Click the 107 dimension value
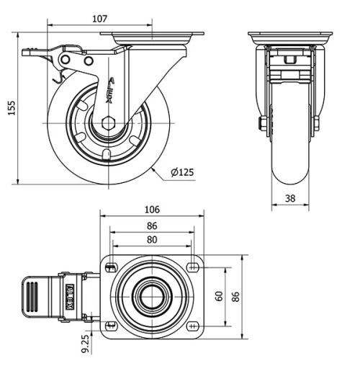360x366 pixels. (99, 19)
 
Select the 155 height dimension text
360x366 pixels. (10, 107)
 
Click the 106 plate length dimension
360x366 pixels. (151, 210)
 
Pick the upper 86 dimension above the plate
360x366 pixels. (151, 226)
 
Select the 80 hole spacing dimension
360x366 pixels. (151, 239)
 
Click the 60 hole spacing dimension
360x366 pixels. (219, 296)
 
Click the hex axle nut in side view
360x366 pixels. (109, 122)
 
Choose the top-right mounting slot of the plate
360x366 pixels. (193, 268)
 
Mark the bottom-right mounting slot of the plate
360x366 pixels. (193, 325)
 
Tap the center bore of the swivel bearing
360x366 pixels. (152, 296)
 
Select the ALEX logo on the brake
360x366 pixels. (70, 295)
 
